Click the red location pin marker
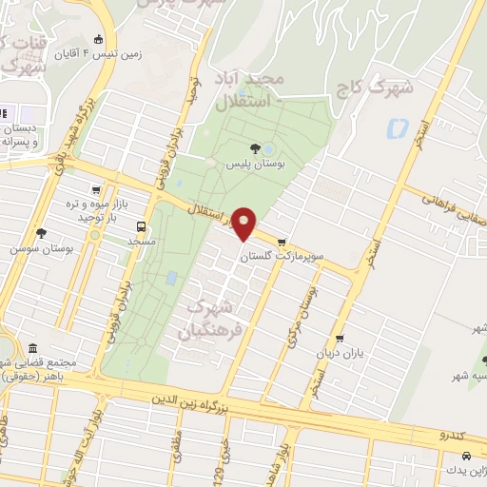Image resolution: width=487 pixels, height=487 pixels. (x=243, y=223)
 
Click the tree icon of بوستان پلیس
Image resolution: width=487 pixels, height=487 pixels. (x=254, y=148)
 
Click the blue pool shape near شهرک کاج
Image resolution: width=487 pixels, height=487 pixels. (x=397, y=127)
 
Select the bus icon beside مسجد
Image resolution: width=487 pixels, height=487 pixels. (x=142, y=227)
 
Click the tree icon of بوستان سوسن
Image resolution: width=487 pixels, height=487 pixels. (x=40, y=233)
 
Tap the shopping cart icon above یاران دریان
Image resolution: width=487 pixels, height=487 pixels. (x=340, y=339)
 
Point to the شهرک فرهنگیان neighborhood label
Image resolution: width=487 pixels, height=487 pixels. (x=209, y=319)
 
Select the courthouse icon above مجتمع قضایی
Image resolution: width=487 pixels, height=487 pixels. (x=33, y=348)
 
